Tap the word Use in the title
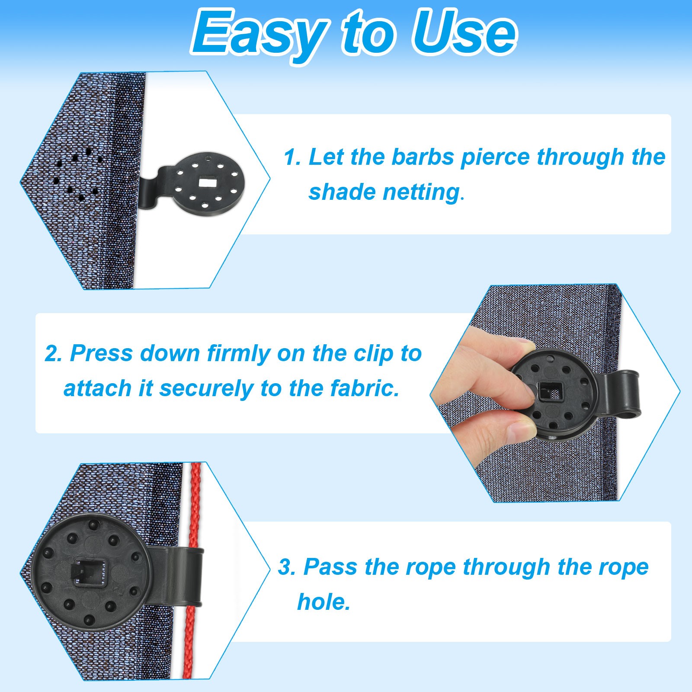(464, 32)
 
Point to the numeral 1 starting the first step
(292, 157)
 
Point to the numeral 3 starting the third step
(286, 567)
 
